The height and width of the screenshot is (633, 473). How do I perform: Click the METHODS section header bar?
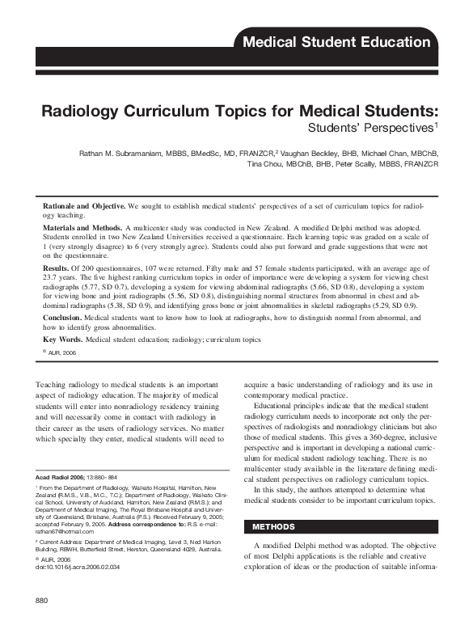[x=339, y=504]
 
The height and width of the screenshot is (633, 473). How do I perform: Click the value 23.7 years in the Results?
[x=58, y=274]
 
